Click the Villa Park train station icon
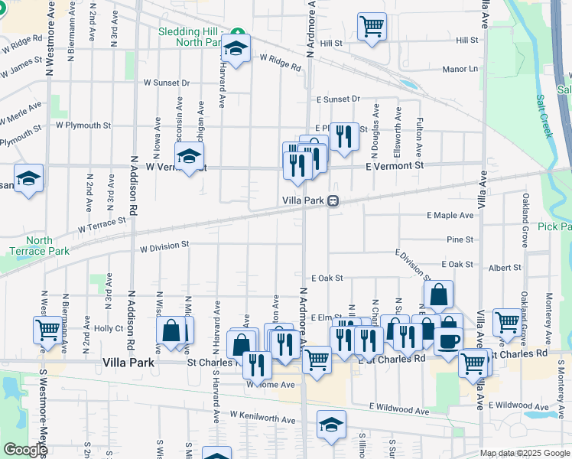333,201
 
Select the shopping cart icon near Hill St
372,26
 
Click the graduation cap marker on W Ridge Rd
236,48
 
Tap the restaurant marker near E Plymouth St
344,136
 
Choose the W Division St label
164,247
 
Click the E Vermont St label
394,165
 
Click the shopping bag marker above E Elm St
439,294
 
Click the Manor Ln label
460,69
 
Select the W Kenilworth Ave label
262,418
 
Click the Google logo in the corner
25,450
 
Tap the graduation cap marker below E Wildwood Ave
330,426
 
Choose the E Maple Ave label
450,216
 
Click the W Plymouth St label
83,125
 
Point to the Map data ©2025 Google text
525,453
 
